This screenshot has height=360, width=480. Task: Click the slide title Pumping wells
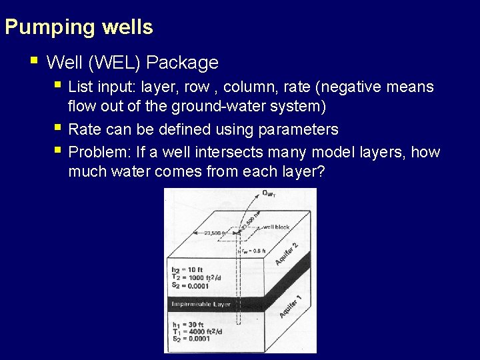pos(79,28)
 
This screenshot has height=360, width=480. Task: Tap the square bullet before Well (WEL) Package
pos(34,61)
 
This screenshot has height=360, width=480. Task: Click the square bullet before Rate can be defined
pos(59,128)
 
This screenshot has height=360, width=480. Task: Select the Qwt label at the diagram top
pos(268,194)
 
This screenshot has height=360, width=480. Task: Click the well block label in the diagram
pos(276,227)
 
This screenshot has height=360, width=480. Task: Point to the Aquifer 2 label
pos(286,254)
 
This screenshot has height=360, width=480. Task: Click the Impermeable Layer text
pos(201,304)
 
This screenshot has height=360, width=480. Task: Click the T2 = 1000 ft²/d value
pos(191,278)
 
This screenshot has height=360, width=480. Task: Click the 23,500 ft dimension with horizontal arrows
pos(213,233)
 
